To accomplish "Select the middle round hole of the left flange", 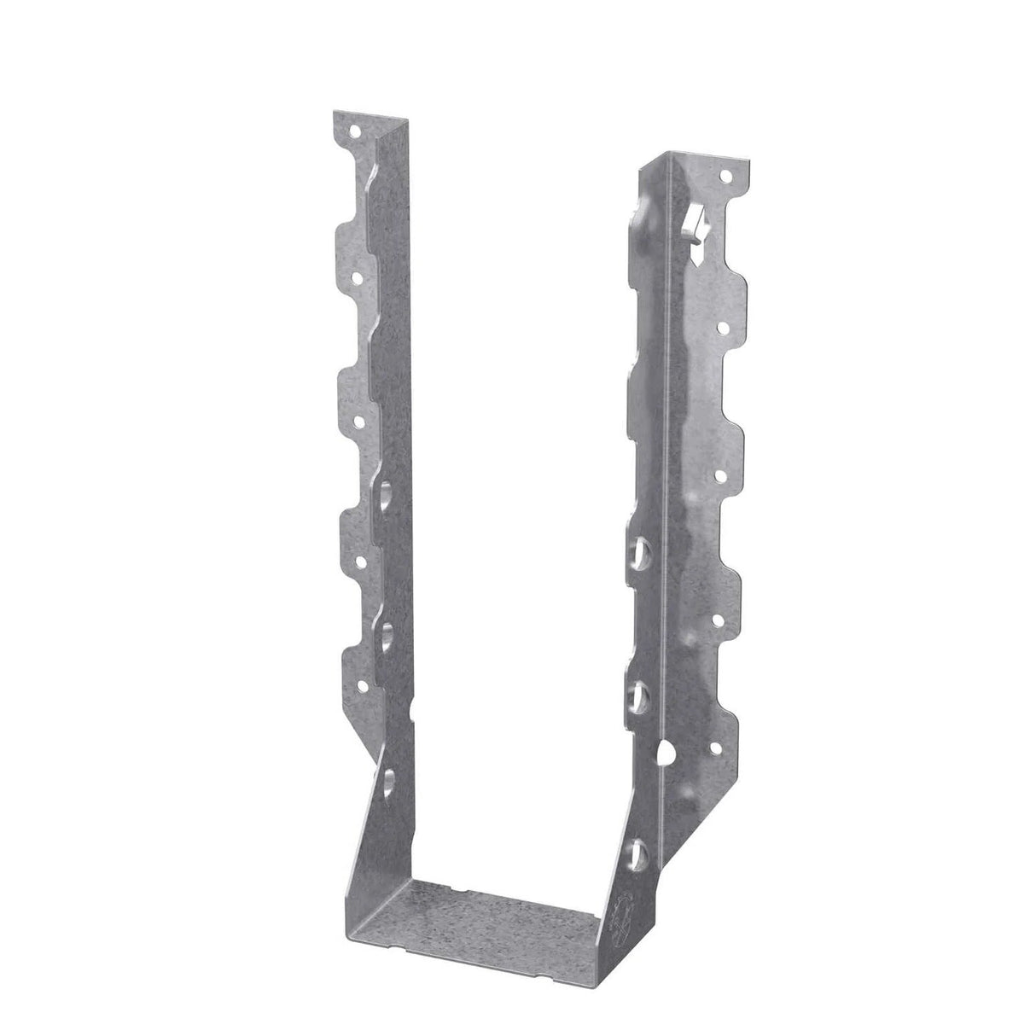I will [x=359, y=421].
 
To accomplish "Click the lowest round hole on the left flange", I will [x=364, y=684].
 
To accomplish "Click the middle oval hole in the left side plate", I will [x=388, y=636].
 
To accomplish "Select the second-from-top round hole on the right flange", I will [x=723, y=326].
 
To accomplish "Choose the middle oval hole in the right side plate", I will [x=637, y=690].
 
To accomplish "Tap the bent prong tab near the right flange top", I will [x=696, y=229].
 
